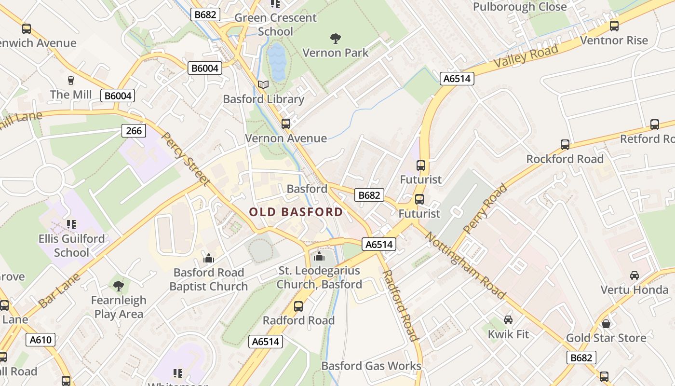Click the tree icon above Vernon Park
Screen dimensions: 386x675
(335, 38)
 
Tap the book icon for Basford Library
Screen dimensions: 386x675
(263, 85)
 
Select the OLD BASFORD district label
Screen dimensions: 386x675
(296, 212)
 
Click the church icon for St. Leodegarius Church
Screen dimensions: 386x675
(319, 256)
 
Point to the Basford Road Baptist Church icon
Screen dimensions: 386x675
(209, 258)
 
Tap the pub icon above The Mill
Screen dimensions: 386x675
(71, 80)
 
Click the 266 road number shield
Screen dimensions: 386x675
(134, 130)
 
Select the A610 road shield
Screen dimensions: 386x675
(40, 340)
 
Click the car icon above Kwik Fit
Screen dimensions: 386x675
(508, 320)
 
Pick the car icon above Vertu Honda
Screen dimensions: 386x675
(634, 276)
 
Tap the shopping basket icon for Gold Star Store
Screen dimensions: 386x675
(606, 323)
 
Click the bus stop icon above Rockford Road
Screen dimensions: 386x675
(565, 144)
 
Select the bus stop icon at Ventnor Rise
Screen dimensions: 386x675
(614, 26)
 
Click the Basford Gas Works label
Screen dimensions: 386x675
(371, 366)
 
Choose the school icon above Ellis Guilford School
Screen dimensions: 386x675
(71, 224)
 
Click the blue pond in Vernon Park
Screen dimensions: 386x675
(277, 62)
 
